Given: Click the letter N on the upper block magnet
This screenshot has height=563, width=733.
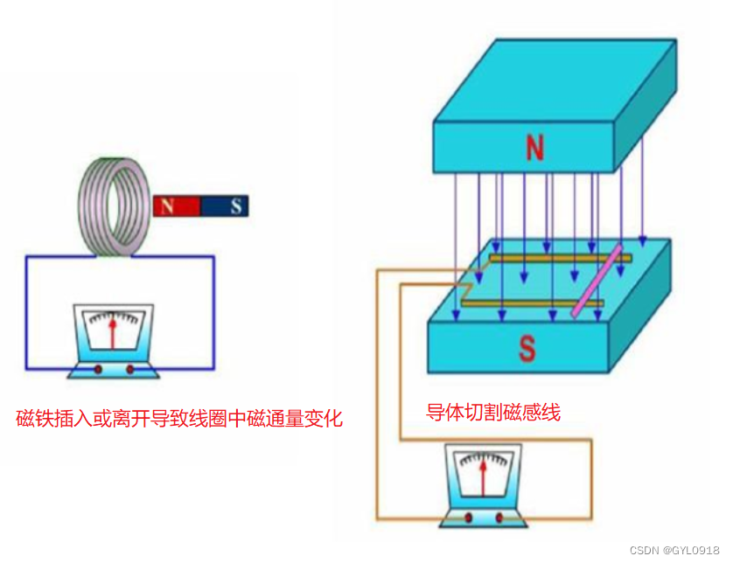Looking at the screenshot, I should [x=534, y=148].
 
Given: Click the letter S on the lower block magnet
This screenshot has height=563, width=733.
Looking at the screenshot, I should [x=527, y=348].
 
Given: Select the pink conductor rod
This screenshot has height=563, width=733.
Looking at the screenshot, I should [x=597, y=281].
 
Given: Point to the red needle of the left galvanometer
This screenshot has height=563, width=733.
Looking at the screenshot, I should [x=112, y=334].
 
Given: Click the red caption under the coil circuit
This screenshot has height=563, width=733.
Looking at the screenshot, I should [x=179, y=419].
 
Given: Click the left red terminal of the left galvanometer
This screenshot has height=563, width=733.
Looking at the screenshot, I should [x=98, y=369].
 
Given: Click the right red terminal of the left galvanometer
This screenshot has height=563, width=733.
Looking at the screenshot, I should [x=130, y=369].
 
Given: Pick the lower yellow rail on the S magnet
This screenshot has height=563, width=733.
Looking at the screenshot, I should [x=534, y=303].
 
